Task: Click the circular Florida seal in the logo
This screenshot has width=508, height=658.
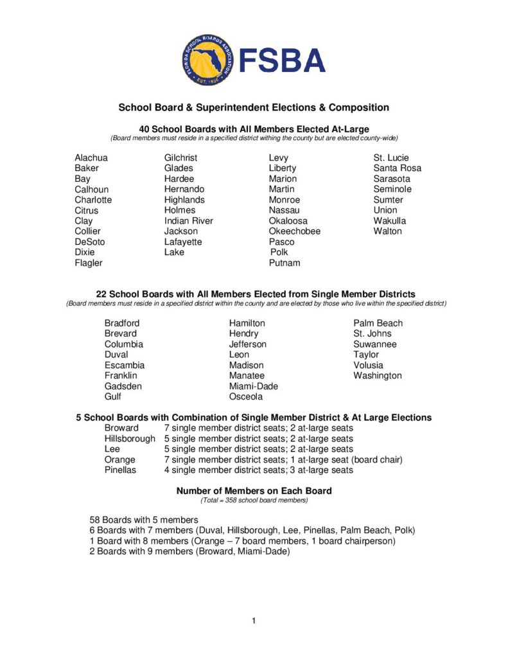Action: coord(204,60)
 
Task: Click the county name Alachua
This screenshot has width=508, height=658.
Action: coord(91,157)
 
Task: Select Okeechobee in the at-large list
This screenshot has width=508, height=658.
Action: coord(294,231)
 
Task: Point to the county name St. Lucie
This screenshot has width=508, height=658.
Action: coord(391,157)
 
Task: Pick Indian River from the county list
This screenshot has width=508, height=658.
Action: coord(188,220)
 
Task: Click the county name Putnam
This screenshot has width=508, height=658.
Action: coord(285,263)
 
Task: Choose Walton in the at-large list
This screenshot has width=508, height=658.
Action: coord(388,231)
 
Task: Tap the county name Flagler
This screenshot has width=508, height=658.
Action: coord(89,263)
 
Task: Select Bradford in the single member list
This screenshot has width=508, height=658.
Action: coord(122,323)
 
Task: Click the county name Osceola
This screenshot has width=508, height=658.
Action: coord(246,396)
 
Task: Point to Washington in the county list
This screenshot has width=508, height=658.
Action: coord(378,375)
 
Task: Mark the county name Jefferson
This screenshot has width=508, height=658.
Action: coord(247,344)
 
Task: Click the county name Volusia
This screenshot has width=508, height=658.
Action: coord(368,365)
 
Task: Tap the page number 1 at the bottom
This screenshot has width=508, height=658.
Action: coord(254,621)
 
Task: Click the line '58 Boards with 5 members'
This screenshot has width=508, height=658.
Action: coord(144,519)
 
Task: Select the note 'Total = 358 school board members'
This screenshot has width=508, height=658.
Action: coord(254,500)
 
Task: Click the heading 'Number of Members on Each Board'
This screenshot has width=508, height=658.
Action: coord(254,491)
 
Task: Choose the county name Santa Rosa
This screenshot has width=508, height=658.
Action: coord(398,168)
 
